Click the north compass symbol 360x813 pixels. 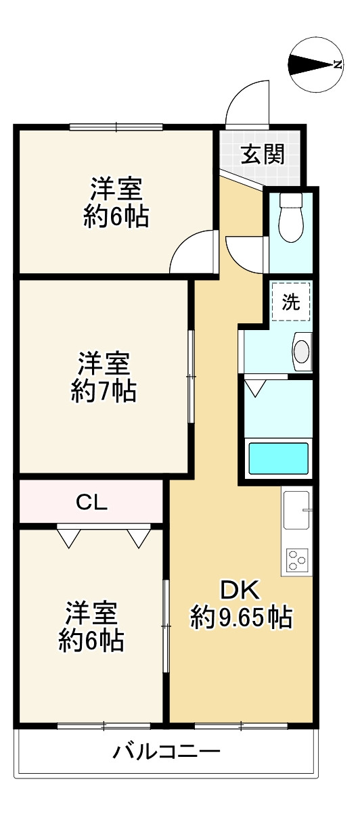tap(316, 64)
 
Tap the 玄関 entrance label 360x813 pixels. tap(263, 155)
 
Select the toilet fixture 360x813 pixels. tap(292, 217)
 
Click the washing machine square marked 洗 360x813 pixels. tap(292, 302)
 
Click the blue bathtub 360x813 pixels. tap(279, 458)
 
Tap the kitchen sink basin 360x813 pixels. tap(296, 509)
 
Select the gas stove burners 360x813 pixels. tap(296, 559)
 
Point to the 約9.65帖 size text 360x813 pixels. tap(241, 617)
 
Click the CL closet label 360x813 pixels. tap(91, 502)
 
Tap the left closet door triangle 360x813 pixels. tap(68, 536)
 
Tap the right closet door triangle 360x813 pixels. tap(138, 536)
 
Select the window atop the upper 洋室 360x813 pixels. tap(116, 126)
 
